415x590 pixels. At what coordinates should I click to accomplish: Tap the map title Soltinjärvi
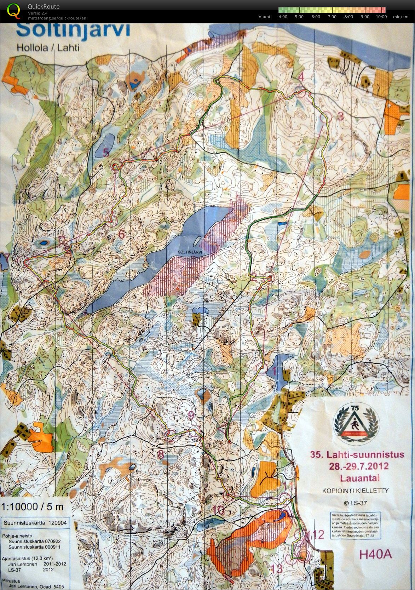[73, 30]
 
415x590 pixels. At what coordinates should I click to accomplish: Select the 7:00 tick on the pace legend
[332, 17]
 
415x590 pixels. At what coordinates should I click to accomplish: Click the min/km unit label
[400, 17]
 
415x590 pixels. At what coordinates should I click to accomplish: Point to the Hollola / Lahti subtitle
[48, 48]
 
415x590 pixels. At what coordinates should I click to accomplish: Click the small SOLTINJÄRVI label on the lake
[190, 252]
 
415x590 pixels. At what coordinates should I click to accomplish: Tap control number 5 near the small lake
[106, 153]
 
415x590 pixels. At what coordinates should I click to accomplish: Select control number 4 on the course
[301, 76]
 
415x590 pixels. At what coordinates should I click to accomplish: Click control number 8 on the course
[161, 454]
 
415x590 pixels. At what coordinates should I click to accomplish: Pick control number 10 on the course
[219, 510]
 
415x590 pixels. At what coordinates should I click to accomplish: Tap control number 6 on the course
[122, 234]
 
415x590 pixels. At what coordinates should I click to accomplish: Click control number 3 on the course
[340, 116]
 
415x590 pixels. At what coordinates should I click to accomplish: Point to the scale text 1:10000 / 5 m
[33, 507]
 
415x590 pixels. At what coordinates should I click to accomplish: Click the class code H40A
[375, 554]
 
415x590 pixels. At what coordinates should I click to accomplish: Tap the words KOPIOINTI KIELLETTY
[355, 490]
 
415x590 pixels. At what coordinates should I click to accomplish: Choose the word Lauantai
[360, 478]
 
